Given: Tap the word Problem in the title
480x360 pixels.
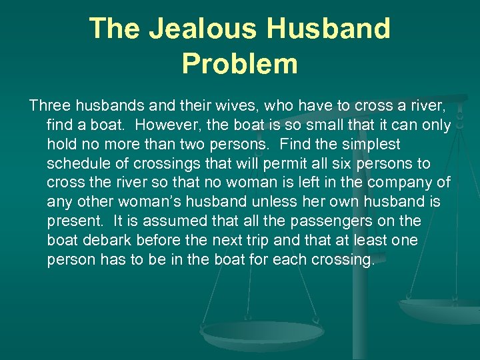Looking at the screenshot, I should [239, 64].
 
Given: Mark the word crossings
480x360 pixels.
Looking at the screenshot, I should [163, 163].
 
